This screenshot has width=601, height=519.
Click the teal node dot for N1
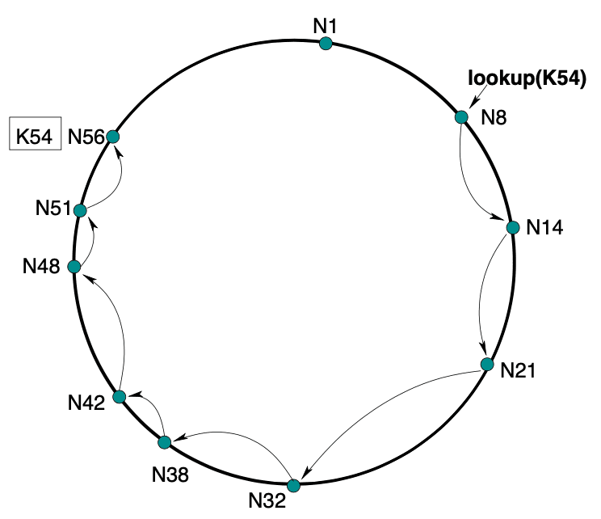pos(326,44)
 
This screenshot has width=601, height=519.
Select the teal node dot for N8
pos(461,117)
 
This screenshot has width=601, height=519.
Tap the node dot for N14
pos(512,227)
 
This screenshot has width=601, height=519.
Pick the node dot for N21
pos(486,365)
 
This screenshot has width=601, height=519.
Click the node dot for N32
pos(293,485)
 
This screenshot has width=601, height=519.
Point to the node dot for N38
pos(165,442)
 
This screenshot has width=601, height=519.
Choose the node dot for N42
pos(120,396)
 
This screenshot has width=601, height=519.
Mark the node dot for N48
pos(74,267)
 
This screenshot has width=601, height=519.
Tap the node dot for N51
pos(80,210)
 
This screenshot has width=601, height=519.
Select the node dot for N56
pos(113,137)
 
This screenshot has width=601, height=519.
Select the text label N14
pos(544,227)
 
